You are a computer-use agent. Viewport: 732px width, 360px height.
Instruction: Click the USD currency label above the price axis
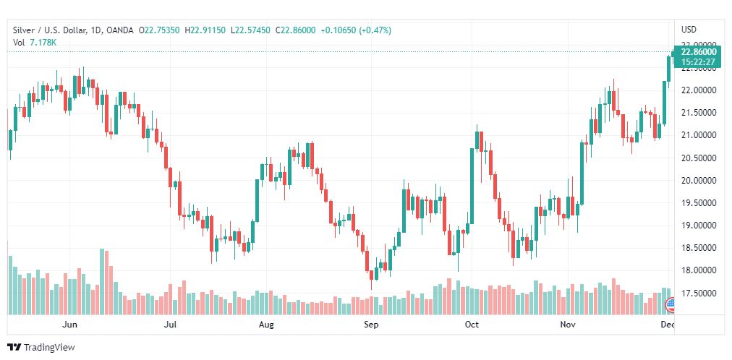(x=689, y=30)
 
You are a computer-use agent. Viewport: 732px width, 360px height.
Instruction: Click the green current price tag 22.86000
(x=698, y=52)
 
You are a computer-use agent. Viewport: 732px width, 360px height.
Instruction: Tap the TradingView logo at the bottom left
(x=41, y=348)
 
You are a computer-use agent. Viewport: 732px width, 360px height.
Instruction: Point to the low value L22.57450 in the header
(x=250, y=30)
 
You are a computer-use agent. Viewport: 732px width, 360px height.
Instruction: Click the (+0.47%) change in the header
(x=374, y=30)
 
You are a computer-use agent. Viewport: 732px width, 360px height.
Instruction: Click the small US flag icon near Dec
(x=669, y=303)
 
